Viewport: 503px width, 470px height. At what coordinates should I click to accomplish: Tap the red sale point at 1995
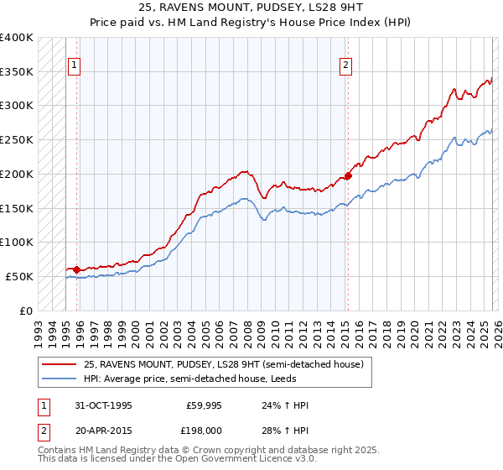tap(77, 269)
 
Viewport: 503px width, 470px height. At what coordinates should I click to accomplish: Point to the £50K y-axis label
tap(19, 276)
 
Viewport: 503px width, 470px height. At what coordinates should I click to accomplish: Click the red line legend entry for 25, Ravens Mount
tap(223, 364)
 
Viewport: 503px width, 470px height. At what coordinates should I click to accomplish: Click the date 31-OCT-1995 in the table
tap(103, 405)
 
